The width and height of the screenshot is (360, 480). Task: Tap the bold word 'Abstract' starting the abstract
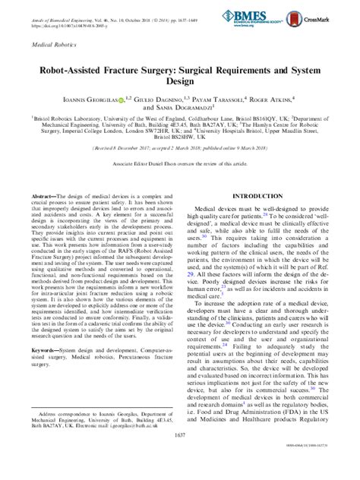coord(44,196)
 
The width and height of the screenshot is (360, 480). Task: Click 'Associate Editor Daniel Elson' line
coord(179,163)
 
